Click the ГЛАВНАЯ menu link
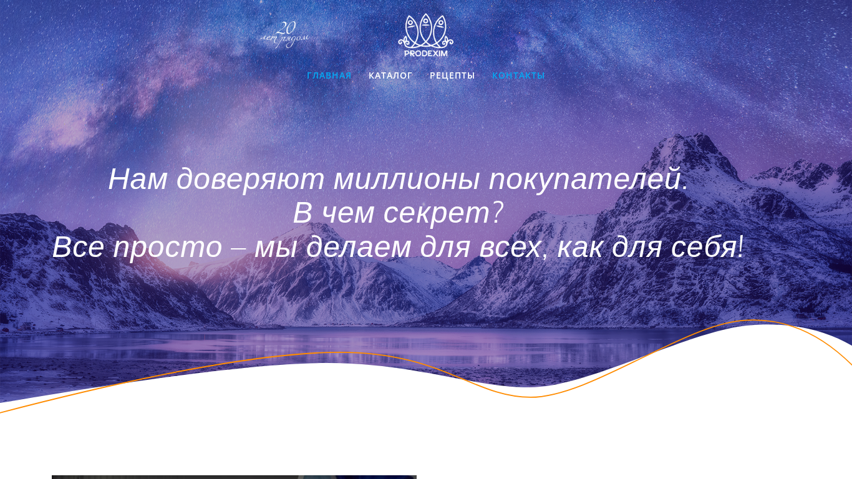point(329,75)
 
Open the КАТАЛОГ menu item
point(390,75)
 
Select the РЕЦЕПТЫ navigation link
point(452,75)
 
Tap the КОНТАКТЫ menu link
point(518,75)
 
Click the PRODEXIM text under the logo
point(425,54)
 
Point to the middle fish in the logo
point(425,30)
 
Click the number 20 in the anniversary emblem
point(286,28)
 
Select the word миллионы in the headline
point(406,179)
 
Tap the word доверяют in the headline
point(250,180)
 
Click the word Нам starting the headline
point(138,179)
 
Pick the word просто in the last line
point(168,248)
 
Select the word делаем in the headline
point(358,248)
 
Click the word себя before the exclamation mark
point(704,248)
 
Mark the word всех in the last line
point(510,248)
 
